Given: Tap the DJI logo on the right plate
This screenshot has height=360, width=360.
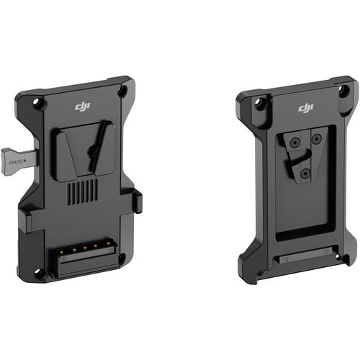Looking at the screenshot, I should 306,108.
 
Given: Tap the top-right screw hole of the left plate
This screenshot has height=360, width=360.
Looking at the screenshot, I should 122,91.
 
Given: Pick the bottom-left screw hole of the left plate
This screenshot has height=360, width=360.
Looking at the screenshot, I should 39,273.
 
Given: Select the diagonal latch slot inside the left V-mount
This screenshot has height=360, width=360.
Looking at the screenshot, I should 93,152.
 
